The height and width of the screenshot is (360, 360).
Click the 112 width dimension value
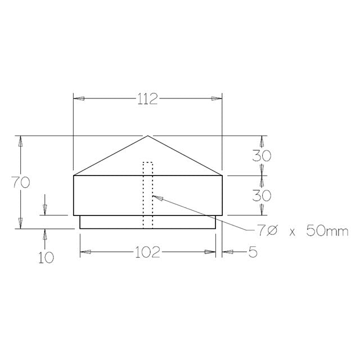pyautogui.click(x=147, y=99)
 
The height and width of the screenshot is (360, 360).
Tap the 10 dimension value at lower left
pyautogui.click(x=46, y=258)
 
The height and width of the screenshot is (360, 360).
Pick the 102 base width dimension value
pyautogui.click(x=147, y=253)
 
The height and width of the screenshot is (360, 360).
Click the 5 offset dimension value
pyautogui.click(x=252, y=253)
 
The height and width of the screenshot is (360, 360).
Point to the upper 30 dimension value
pyautogui.click(x=262, y=156)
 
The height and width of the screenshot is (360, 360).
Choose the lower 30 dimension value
pyautogui.click(x=262, y=195)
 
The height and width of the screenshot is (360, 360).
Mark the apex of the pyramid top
pyautogui.click(x=148, y=136)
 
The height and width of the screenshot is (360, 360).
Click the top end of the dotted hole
pyautogui.click(x=148, y=163)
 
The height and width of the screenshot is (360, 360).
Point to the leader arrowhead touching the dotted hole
pyautogui.click(x=156, y=197)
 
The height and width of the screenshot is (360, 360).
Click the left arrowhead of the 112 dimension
pyautogui.click(x=80, y=98)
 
